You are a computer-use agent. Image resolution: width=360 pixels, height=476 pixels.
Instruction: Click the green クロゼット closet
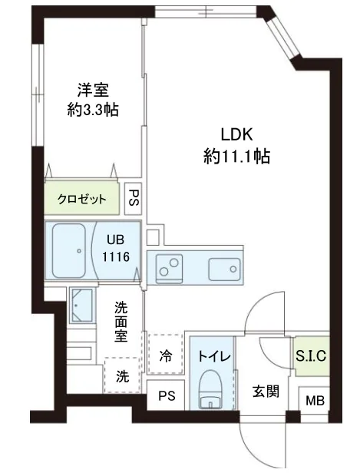(x=81, y=199)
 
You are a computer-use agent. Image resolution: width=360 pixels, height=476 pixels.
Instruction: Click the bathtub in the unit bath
(x=69, y=251)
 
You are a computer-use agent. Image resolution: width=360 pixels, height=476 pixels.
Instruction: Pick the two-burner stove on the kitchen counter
(x=167, y=268)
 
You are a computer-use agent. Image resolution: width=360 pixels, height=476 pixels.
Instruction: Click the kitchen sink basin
(x=224, y=268)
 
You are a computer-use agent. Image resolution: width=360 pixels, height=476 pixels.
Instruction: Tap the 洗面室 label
(x=122, y=322)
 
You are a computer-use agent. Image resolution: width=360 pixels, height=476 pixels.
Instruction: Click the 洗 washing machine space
(x=121, y=375)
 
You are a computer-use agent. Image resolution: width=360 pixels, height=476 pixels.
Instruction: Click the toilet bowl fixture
(x=209, y=390)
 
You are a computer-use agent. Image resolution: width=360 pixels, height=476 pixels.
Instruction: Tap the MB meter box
(x=314, y=401)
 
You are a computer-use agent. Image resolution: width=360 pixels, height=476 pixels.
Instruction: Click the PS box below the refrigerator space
(x=166, y=397)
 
